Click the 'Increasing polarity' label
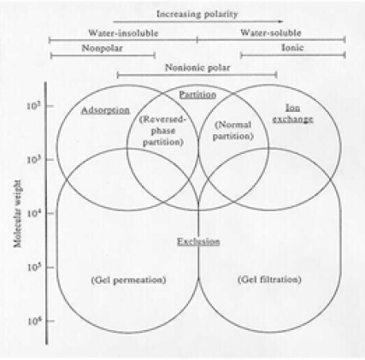(197, 15)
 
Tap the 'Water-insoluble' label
(123, 33)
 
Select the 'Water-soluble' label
(271, 32)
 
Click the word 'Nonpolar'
(102, 48)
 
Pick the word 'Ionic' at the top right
(292, 47)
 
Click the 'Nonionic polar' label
(197, 68)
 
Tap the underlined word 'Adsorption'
(105, 110)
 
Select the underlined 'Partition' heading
(197, 95)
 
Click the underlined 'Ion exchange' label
(293, 114)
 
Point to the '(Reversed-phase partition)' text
(162, 131)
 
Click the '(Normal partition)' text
(233, 131)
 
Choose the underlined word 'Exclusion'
(198, 242)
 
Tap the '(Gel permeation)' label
(128, 280)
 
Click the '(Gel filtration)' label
(269, 280)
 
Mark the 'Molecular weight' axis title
(18, 214)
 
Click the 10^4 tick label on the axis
(34, 213)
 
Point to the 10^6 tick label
(34, 322)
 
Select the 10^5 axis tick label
(34, 268)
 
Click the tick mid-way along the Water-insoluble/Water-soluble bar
(197, 40)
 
